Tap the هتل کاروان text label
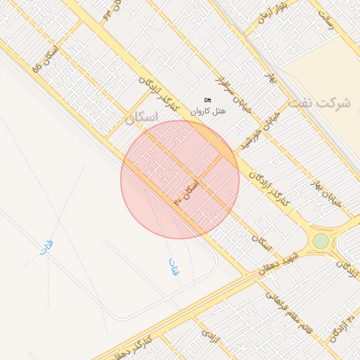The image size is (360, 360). point(209,112)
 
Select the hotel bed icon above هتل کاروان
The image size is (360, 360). point(207,101)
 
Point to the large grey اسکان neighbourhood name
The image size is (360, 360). point(141,119)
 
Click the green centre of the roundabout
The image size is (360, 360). point(321,241)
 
